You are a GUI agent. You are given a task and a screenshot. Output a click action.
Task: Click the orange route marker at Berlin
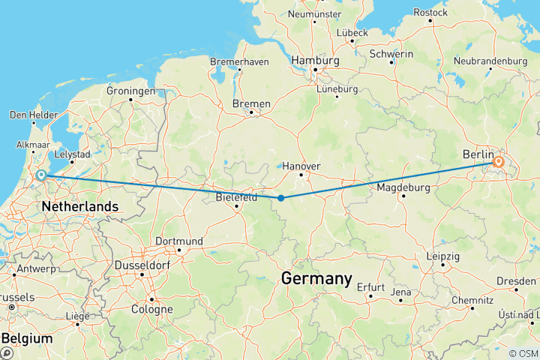(498, 162)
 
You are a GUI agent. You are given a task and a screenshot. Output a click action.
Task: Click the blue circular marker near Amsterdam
(41, 176)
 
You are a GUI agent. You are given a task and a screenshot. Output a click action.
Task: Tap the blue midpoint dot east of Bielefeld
(280, 198)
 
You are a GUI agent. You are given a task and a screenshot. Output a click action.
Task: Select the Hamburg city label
(315, 60)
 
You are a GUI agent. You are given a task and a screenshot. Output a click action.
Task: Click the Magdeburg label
(403, 187)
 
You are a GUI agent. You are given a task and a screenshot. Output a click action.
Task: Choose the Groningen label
(131, 91)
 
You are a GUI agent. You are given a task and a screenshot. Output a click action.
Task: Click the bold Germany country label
(316, 279)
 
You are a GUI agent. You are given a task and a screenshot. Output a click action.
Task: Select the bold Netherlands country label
(80, 206)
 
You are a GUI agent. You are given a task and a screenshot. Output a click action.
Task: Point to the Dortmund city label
(178, 241)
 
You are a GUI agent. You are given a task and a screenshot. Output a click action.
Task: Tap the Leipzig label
(443, 255)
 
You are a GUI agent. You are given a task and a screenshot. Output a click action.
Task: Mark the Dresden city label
(515, 281)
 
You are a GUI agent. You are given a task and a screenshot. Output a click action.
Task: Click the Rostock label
(430, 12)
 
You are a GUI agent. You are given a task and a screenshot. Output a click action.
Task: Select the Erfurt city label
(370, 286)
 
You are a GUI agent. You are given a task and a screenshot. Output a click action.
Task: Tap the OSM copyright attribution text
(522, 352)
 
